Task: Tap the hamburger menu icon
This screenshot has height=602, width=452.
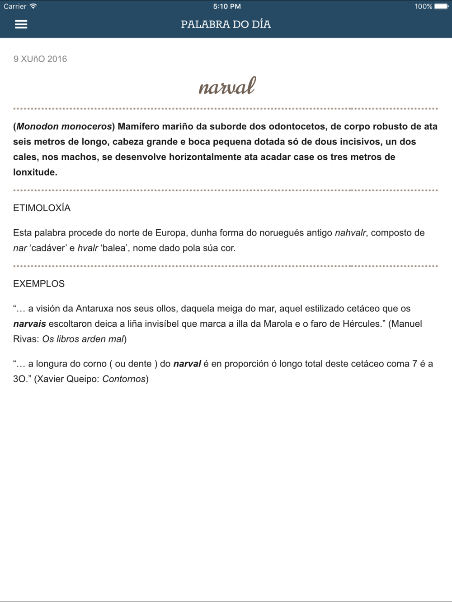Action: click(21, 24)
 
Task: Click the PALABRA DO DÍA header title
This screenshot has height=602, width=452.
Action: click(226, 24)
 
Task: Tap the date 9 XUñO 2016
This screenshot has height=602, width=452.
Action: click(40, 59)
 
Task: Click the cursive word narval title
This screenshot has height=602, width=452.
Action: click(227, 86)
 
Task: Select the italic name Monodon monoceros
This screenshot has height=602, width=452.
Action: click(64, 126)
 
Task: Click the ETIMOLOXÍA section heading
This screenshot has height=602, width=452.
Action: click(42, 208)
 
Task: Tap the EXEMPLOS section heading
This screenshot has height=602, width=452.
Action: click(39, 284)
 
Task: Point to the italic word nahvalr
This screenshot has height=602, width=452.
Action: click(350, 233)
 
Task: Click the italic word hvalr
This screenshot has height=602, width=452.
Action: click(88, 248)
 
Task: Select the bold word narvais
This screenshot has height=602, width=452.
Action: click(29, 324)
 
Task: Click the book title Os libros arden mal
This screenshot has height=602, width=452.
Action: click(83, 339)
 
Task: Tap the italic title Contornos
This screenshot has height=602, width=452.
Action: click(124, 379)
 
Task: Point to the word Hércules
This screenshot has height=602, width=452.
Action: click(362, 324)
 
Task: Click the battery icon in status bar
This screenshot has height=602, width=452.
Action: click(442, 6)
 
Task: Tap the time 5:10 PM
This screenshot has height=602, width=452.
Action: click(226, 6)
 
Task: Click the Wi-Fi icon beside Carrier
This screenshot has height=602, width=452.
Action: click(33, 6)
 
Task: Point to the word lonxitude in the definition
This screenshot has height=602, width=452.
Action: click(34, 172)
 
